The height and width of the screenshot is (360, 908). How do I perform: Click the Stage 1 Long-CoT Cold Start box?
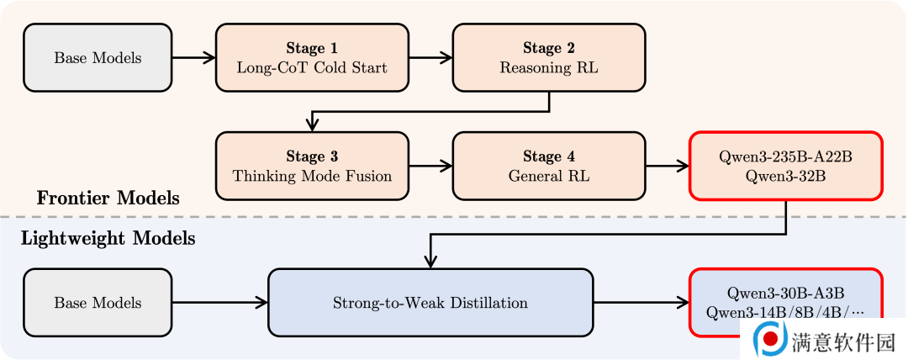(312, 57)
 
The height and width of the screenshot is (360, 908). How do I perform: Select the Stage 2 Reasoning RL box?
(549, 57)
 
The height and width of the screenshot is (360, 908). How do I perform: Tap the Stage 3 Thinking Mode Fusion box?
(312, 166)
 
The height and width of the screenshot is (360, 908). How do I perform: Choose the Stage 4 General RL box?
(549, 166)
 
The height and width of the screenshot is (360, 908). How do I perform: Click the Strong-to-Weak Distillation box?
(430, 303)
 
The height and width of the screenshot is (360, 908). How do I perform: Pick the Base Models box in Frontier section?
(98, 57)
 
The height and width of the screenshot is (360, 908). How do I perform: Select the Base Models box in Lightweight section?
(98, 303)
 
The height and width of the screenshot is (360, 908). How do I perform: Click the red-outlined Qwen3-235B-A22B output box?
(786, 166)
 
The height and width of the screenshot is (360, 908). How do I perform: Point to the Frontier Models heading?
(108, 199)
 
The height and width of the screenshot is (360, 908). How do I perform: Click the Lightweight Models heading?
(108, 238)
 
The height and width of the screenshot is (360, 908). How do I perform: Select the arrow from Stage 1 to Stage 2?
(430, 57)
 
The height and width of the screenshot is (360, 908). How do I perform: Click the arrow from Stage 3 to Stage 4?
(430, 166)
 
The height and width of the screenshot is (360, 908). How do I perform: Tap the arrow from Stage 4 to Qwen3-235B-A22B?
(667, 166)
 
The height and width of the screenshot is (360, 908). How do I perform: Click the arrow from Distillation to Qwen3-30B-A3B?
(641, 303)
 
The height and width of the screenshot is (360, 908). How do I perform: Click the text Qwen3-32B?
(786, 177)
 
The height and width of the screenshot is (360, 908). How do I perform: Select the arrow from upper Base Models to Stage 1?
(194, 57)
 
